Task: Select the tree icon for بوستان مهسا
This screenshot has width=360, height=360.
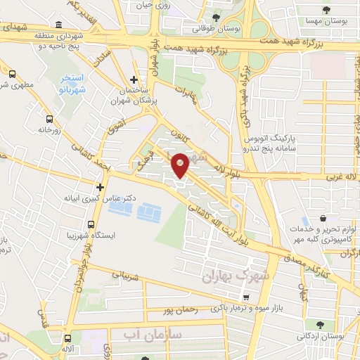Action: (326, 9)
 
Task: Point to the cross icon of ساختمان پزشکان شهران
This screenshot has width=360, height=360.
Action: (134, 79)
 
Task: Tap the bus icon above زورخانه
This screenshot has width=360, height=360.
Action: (49, 120)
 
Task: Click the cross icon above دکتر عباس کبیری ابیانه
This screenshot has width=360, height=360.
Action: (101, 187)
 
